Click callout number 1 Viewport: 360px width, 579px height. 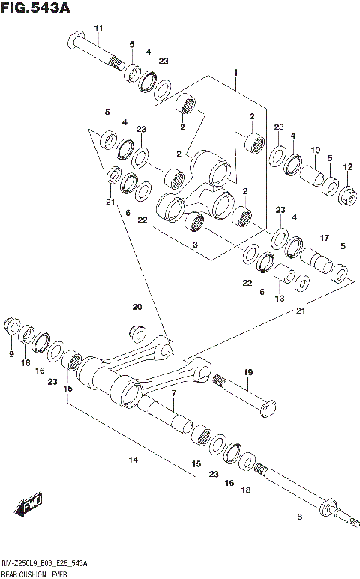click(235, 73)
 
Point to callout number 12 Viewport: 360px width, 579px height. click(347, 166)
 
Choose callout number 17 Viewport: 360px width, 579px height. click(324, 238)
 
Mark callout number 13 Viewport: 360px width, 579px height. click(280, 298)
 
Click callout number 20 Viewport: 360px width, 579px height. click(136, 306)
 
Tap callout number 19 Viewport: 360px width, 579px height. click(247, 372)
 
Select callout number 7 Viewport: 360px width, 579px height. click(172, 394)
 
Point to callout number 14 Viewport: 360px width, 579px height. click(133, 459)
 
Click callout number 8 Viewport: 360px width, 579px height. click(299, 517)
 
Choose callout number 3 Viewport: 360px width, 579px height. click(194, 245)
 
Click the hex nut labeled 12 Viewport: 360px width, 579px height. click(348, 197)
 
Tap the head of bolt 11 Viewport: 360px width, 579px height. click(75, 39)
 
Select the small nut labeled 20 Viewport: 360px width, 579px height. click(136, 331)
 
